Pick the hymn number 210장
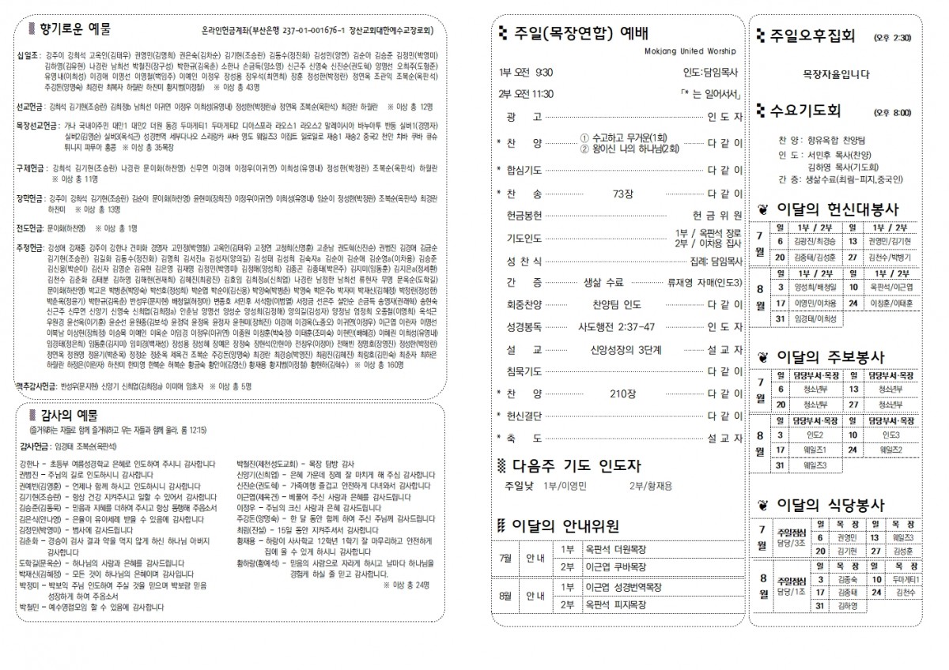pyautogui.click(x=618, y=393)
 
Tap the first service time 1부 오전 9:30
pyautogui.click(x=526, y=73)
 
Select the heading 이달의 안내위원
pyautogui.click(x=566, y=525)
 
